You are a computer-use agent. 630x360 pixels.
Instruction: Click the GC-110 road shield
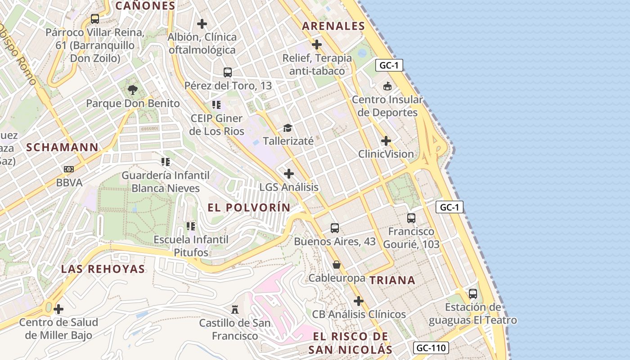pyautogui.click(x=431, y=348)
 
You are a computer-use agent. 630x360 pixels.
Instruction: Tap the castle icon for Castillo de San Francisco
pyautogui.click(x=234, y=309)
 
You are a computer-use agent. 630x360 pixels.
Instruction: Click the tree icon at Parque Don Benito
pyautogui.click(x=132, y=90)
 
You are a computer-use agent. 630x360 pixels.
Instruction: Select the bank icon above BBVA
pyautogui.click(x=68, y=169)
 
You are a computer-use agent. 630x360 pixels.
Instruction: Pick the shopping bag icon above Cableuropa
pyautogui.click(x=336, y=265)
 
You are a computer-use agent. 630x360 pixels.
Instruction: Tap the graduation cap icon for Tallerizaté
pyautogui.click(x=288, y=128)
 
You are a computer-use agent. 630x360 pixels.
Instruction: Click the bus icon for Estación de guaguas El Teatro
pyautogui.click(x=472, y=294)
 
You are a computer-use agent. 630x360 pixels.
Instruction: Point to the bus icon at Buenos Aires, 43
pyautogui.click(x=334, y=228)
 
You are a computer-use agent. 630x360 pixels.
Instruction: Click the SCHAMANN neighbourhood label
pyautogui.click(x=62, y=147)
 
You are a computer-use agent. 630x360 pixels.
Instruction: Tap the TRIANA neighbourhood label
pyautogui.click(x=392, y=280)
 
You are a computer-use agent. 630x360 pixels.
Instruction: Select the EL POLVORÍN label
pyautogui.click(x=249, y=207)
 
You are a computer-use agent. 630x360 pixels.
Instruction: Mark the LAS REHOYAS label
pyautogui.click(x=103, y=269)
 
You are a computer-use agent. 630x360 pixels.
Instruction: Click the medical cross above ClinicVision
pyautogui.click(x=386, y=141)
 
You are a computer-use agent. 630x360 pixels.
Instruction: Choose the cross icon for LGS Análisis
pyautogui.click(x=289, y=174)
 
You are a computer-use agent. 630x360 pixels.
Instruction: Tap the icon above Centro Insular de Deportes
pyautogui.click(x=387, y=86)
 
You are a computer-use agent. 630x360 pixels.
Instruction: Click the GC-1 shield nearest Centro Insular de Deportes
pyautogui.click(x=389, y=65)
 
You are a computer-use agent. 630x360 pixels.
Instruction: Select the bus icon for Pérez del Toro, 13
pyautogui.click(x=228, y=72)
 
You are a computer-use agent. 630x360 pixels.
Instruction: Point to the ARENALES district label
pyautogui.click(x=333, y=26)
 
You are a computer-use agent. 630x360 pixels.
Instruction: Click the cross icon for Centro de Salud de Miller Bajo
pyautogui.click(x=58, y=309)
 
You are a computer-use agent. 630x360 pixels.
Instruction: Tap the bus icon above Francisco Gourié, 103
pyautogui.click(x=411, y=218)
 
